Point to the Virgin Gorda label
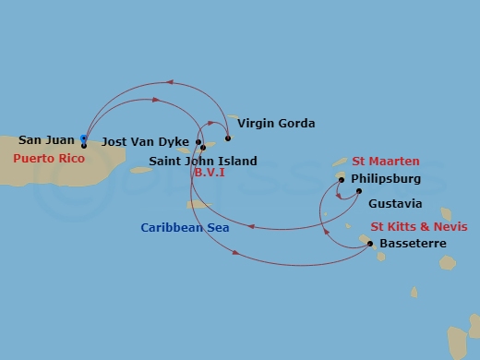point(276,123)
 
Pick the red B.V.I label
point(210,173)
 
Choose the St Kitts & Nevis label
point(419,226)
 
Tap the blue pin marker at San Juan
point(84,139)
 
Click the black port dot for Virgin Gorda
point(228,138)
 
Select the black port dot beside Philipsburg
point(341,180)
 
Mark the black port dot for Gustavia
point(359,191)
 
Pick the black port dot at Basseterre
point(370,244)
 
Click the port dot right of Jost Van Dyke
point(198,142)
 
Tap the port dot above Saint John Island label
point(203,148)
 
